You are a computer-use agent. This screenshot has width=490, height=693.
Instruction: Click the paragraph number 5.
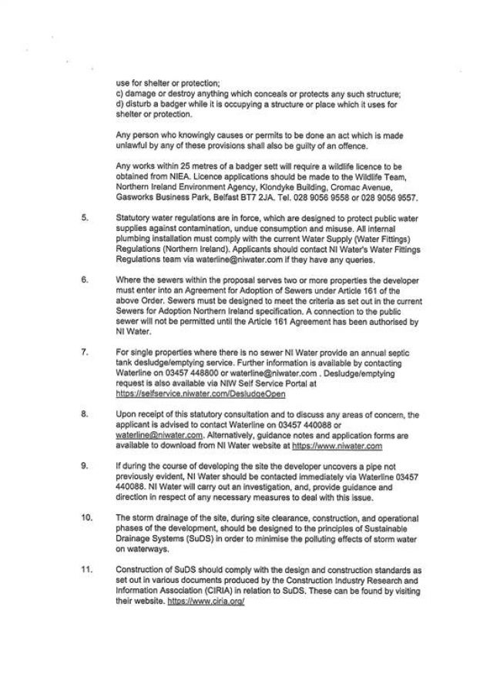click(x=84, y=218)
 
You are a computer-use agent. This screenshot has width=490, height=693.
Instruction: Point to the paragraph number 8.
click(x=84, y=414)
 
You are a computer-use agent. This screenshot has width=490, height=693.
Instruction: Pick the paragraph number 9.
click(x=84, y=466)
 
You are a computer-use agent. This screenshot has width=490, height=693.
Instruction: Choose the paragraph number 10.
click(x=86, y=517)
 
